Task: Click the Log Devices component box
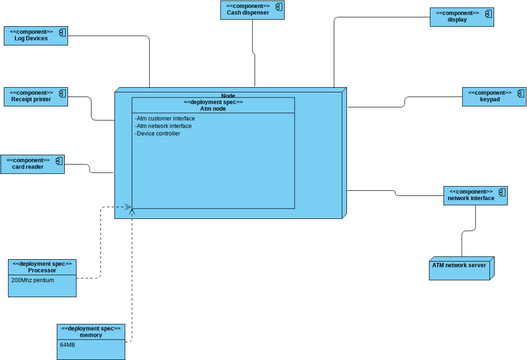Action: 36,36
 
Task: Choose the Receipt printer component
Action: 36,96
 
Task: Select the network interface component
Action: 470,195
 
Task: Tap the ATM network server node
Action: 458,267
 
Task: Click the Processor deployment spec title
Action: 42,268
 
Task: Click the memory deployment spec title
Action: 91,332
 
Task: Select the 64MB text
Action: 68,345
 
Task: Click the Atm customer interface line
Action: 165,119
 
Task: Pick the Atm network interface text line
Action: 164,126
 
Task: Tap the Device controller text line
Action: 158,134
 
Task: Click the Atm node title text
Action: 213,108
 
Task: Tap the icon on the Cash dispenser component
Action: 280,7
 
